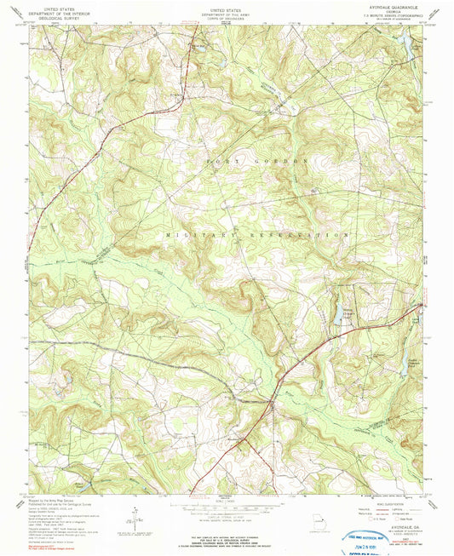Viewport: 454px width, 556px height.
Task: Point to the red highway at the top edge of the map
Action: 189,29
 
